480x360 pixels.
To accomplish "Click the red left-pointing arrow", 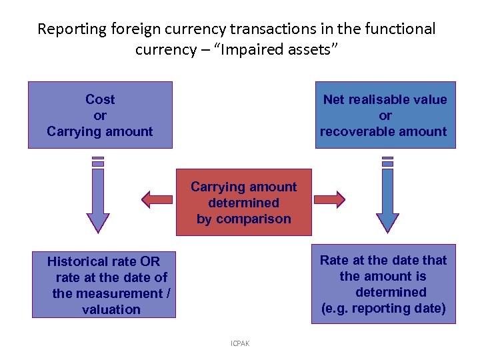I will tap(157, 199).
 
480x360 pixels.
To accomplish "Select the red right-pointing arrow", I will tap(329, 199).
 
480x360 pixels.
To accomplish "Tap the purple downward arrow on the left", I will tap(98, 200).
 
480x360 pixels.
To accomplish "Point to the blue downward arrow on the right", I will tap(387, 200).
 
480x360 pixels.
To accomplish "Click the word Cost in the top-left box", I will tap(100, 99).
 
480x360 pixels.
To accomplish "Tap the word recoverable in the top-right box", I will tap(363, 131).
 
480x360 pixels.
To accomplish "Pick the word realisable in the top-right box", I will tap(385, 99).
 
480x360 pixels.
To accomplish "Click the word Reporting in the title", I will tap(72, 29).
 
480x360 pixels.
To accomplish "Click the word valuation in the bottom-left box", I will tap(111, 309).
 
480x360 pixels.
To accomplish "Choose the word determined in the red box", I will tap(243, 203).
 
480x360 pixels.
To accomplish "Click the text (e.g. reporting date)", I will tap(383, 308).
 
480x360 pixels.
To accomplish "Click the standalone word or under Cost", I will tap(100, 115).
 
